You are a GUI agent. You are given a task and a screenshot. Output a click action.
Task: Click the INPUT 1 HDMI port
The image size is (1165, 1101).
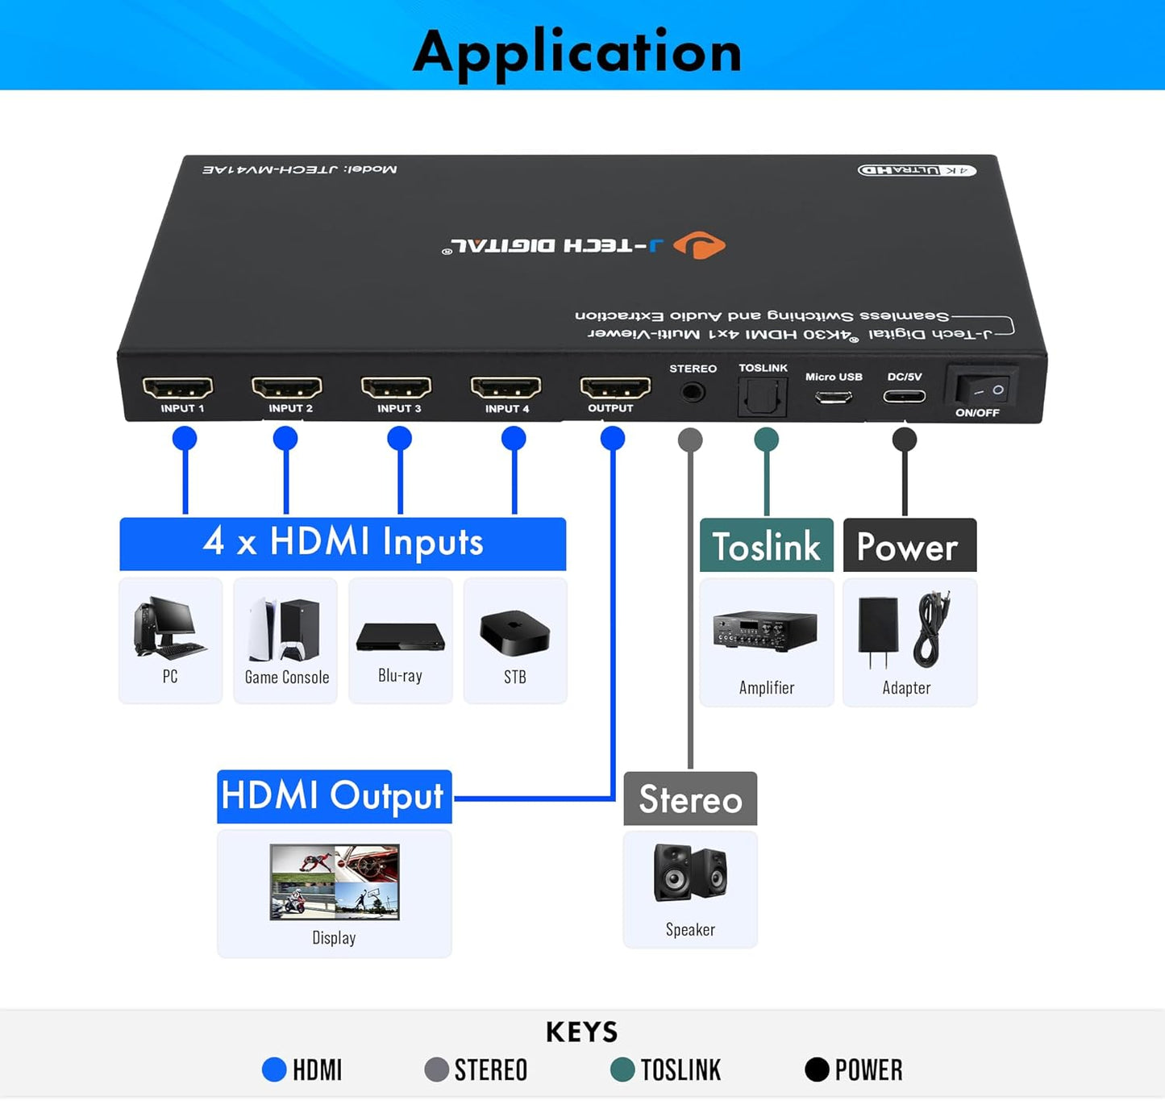[x=177, y=388]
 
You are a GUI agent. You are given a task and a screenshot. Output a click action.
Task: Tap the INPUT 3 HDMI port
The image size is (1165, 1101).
[x=396, y=388]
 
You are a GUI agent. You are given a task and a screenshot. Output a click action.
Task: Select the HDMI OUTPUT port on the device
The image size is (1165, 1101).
[x=615, y=388]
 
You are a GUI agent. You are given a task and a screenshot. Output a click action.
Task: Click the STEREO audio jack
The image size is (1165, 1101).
[x=692, y=393]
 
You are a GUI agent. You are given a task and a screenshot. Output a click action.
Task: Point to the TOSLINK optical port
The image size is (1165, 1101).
[x=762, y=396]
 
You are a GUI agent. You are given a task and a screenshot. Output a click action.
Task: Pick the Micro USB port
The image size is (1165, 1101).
[x=834, y=397]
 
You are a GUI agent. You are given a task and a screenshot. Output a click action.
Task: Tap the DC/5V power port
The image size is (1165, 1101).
[x=904, y=396]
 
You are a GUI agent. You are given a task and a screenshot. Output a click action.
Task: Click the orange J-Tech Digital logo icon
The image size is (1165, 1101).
[x=699, y=245]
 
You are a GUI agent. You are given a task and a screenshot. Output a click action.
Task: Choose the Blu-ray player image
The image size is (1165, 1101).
[x=400, y=636]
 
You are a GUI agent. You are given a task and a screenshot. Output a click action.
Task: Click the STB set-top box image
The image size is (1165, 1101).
[x=515, y=632]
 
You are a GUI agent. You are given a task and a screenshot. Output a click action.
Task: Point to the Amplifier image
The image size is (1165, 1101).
[x=765, y=631]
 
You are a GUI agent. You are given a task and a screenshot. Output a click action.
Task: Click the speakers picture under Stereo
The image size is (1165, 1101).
[x=690, y=873]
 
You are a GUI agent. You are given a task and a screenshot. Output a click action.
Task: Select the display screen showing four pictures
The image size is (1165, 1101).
[x=335, y=882]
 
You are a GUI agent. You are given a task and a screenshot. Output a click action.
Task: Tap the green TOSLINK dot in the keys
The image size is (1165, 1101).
[x=622, y=1070]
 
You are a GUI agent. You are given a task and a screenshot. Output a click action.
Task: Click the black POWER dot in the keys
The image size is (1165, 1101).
[x=817, y=1070]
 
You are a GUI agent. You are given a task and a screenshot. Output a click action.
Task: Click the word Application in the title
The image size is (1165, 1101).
[x=577, y=52]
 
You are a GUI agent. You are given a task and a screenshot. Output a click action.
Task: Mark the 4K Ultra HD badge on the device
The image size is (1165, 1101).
[x=917, y=170]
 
